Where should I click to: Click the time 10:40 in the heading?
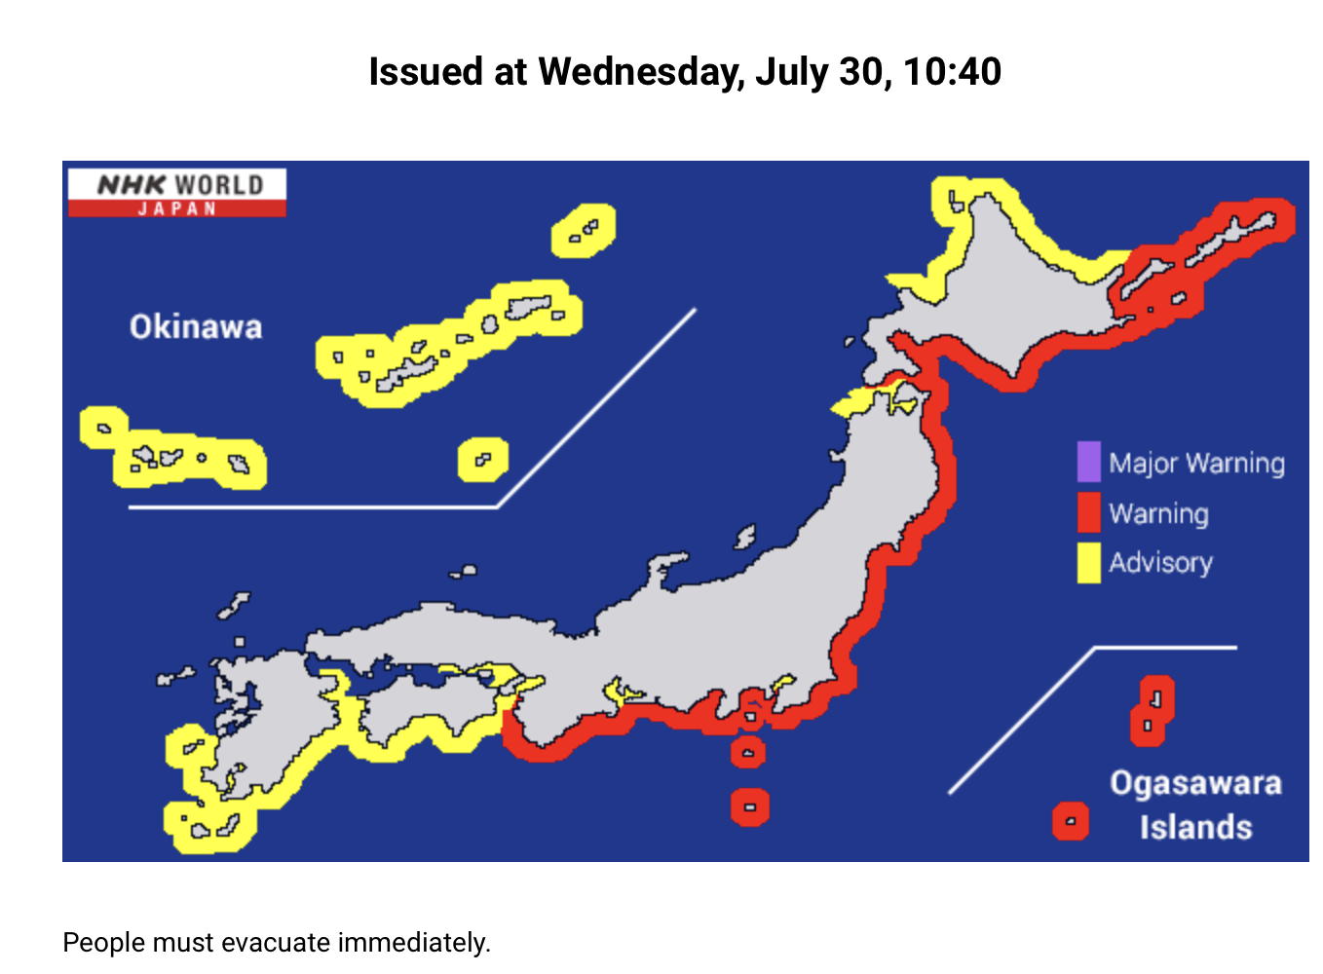coord(952,72)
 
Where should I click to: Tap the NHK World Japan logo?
coord(177,192)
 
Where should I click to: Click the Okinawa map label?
coord(196,326)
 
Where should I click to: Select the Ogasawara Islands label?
coord(1195,805)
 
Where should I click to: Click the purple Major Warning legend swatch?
coord(1088,463)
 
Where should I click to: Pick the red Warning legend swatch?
coord(1088,513)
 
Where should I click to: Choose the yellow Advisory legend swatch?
coord(1088,563)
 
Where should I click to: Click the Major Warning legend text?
coord(1196,464)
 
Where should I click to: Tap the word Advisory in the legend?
coord(1160,563)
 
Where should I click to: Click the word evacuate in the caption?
coord(277,943)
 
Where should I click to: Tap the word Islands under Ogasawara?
coord(1195,827)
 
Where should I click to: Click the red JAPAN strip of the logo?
coord(177,208)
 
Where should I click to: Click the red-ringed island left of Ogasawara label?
coord(1070,821)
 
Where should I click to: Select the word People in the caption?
coord(103,943)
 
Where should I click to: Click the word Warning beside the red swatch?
coord(1158,513)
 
